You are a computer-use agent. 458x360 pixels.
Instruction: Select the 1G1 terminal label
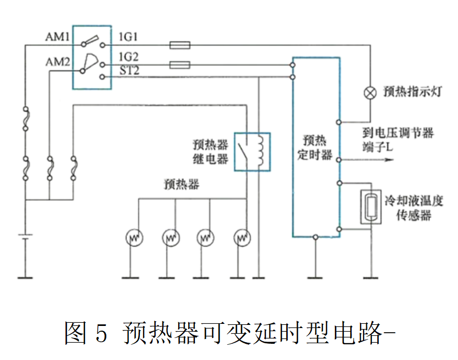pos(129,37)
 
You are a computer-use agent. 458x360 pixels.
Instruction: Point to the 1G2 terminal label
pos(129,57)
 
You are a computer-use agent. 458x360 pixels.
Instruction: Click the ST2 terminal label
pos(129,70)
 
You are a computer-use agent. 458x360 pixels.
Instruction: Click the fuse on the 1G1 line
pos(180,46)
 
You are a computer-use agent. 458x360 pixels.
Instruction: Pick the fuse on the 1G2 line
pos(180,66)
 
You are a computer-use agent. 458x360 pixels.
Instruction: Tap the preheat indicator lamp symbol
pos(370,93)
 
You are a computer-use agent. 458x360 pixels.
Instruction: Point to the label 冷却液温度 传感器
pos(414,208)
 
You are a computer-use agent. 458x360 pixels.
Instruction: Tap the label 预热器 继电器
pos(210,151)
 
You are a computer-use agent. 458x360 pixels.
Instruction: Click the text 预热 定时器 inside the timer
pos(315,148)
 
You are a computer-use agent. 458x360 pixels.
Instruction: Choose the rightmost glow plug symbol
pos(242,238)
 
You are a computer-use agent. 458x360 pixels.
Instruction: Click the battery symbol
pos(25,236)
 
